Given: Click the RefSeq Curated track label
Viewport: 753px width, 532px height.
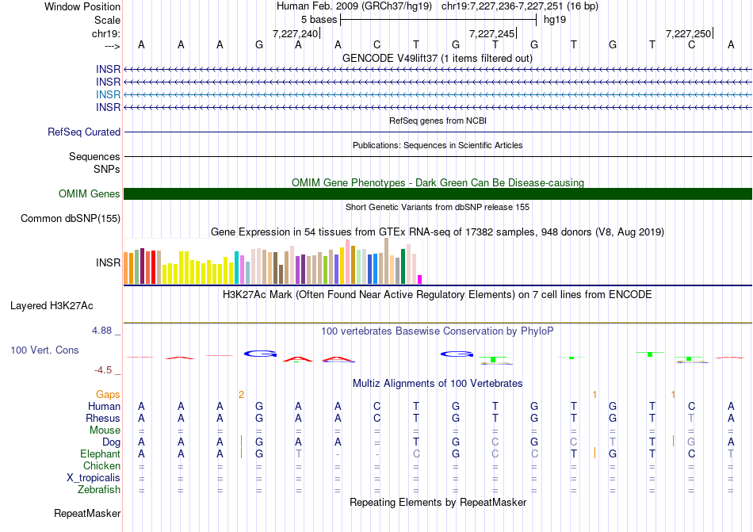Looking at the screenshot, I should tap(84, 132).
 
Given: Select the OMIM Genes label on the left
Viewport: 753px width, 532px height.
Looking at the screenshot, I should tap(90, 194).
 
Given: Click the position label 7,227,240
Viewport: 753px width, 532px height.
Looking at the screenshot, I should tap(295, 34).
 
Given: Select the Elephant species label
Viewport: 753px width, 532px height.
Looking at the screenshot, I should tap(100, 454).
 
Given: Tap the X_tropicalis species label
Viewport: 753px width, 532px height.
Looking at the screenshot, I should tap(94, 478).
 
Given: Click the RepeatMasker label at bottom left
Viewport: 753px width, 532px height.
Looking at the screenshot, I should tap(87, 514).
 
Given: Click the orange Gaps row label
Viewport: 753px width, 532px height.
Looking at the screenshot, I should tap(108, 394).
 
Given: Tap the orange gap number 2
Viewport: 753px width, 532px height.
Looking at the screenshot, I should tap(241, 394).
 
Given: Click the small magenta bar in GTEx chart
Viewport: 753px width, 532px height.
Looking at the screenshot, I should tap(419, 279).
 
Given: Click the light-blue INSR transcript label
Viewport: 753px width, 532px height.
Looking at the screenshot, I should tap(108, 94).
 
